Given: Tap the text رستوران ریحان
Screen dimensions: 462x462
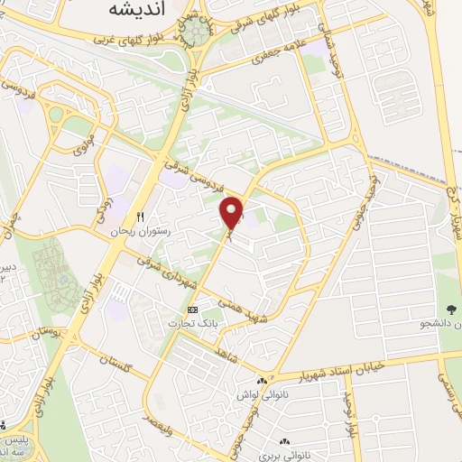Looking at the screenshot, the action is point(140,232).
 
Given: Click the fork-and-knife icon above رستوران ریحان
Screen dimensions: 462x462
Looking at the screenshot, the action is point(140,217).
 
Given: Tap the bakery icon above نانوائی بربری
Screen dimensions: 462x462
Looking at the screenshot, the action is point(285,441).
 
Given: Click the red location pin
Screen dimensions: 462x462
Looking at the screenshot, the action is point(232,213).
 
